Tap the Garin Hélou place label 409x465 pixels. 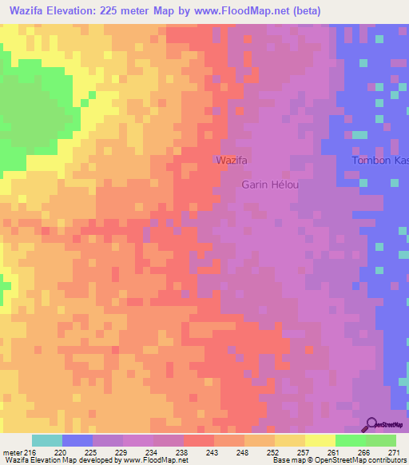[x=270, y=185]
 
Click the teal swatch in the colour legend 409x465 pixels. [x=47, y=440]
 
